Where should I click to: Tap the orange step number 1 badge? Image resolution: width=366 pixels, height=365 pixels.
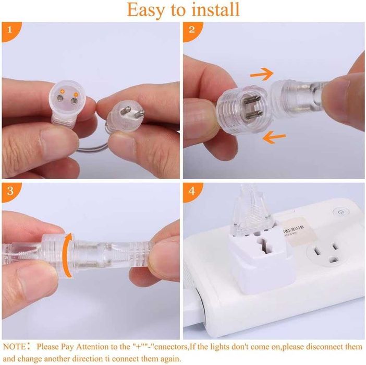coord(10,30)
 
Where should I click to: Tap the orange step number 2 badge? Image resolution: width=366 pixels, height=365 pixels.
coord(192,30)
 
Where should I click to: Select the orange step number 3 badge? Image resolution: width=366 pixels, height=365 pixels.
coord(10,191)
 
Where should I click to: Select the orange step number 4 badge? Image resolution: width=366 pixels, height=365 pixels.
coord(192,191)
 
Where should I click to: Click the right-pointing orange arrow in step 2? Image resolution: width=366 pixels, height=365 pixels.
coord(262,74)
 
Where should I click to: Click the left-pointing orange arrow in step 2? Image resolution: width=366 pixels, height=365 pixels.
coord(274,137)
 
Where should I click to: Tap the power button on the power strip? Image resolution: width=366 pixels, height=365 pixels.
coord(340,213)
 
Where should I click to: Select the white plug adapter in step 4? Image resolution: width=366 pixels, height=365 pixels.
coord(261,260)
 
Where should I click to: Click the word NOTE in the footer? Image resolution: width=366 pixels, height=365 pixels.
coord(15,347)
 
